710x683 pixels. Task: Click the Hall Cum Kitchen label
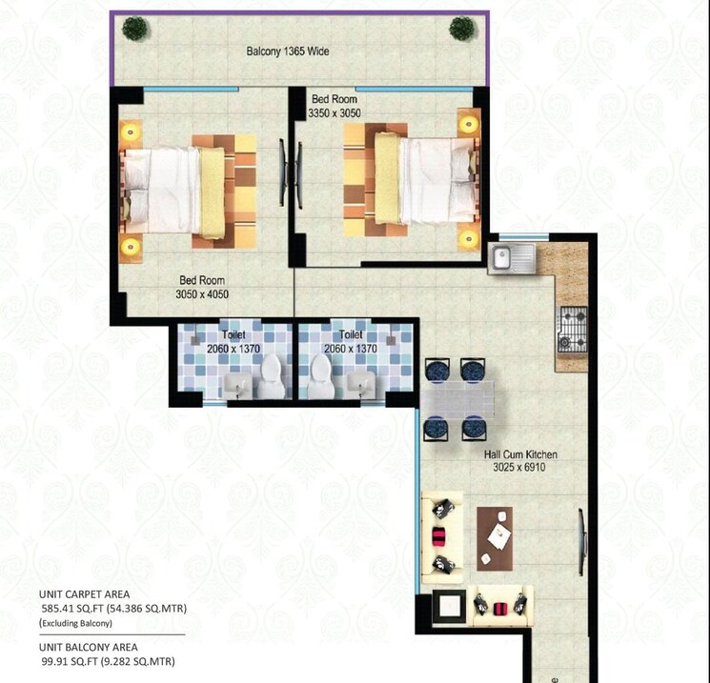pyautogui.click(x=519, y=462)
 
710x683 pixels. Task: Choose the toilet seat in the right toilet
pyautogui.click(x=316, y=377)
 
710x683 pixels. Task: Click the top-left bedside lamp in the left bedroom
pyautogui.click(x=131, y=129)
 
